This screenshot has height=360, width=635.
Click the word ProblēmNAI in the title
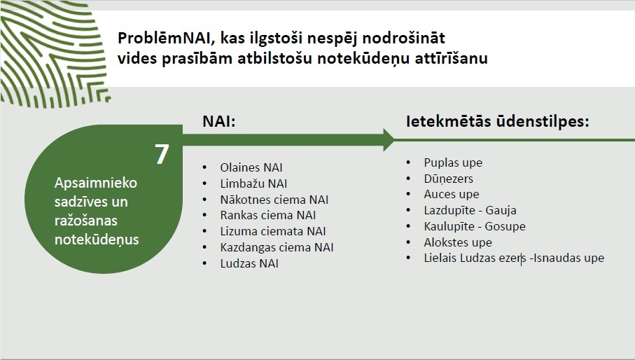tap(165, 38)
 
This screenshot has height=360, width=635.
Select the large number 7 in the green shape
tap(162, 154)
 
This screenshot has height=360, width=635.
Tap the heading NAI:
tap(218, 121)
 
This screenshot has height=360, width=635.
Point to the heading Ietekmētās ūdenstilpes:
tap(497, 121)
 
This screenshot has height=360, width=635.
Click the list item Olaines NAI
tap(251, 167)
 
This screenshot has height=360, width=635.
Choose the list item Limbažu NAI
tap(253, 184)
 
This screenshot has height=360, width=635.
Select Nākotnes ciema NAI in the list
tap(274, 200)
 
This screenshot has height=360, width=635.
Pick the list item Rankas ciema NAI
tap(267, 215)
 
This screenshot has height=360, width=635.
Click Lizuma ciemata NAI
tap(273, 231)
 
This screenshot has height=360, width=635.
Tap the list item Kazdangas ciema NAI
tap(277, 247)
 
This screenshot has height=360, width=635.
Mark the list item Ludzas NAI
tap(249, 263)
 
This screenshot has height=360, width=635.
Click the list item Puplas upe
tap(453, 162)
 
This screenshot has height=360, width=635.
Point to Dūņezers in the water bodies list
tap(448, 179)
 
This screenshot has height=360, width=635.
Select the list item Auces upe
tap(451, 195)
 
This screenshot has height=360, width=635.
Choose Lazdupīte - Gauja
tap(470, 210)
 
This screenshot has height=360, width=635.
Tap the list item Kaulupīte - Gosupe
tap(475, 226)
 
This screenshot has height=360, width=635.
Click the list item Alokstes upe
tap(458, 242)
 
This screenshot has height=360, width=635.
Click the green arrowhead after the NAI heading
tap(389, 140)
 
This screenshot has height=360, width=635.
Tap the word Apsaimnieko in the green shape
tap(96, 183)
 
